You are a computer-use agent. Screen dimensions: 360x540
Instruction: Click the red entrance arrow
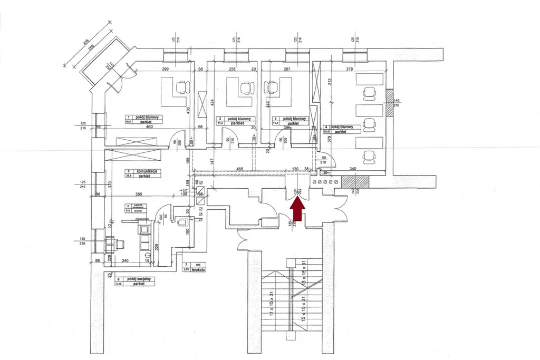pos(297,210)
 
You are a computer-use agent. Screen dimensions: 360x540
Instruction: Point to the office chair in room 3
pos(273,87)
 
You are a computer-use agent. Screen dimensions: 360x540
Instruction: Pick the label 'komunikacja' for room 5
pos(148,171)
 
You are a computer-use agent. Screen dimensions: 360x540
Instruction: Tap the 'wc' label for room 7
pos(198,264)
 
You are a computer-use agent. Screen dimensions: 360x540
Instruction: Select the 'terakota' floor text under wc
pos(198,269)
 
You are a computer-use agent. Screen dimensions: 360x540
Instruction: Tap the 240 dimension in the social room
pos(126,260)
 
